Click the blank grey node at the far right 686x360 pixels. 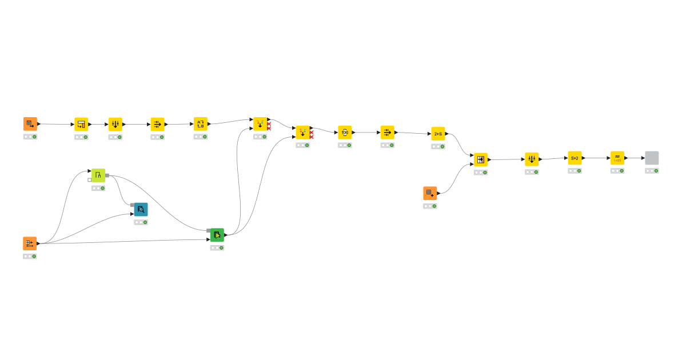tap(652, 158)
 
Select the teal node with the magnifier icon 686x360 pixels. tap(141, 209)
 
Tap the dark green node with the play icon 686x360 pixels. tap(217, 235)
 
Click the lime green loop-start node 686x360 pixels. tap(98, 175)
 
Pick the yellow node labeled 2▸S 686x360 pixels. tap(438, 134)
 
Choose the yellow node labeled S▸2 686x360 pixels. tap(575, 158)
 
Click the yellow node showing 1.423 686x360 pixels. tap(617, 158)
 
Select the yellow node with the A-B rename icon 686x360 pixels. tap(200, 124)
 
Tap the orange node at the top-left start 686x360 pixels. tap(30, 124)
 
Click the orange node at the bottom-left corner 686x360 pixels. tap(30, 243)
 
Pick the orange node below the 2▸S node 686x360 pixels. tap(430, 193)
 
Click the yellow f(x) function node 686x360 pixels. tap(345, 133)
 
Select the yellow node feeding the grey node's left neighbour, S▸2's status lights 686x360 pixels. tap(575, 171)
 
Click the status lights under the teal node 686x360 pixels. tap(141, 222)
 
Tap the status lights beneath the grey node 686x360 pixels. tap(652, 171)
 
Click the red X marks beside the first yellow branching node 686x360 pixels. tap(269, 126)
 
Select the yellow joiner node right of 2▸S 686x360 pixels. tap(481, 159)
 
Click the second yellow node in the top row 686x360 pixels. tap(81, 124)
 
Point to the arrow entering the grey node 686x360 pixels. tap(643, 158)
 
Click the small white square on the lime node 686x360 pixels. tap(89, 180)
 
